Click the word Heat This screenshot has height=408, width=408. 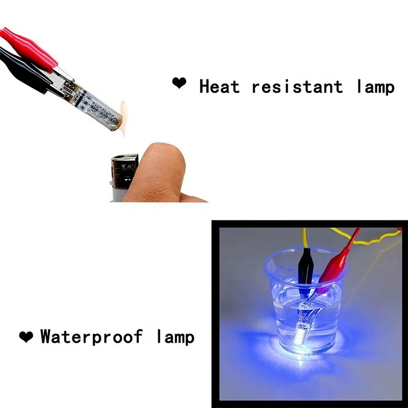click(x=219, y=86)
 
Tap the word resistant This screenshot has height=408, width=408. click(x=297, y=86)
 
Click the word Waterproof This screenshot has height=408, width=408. click(x=91, y=337)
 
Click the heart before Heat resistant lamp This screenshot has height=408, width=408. click(x=179, y=83)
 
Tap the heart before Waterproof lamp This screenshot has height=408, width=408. click(x=26, y=337)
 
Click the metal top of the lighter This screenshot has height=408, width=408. click(x=125, y=165)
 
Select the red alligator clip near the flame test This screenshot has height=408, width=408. click(x=33, y=46)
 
